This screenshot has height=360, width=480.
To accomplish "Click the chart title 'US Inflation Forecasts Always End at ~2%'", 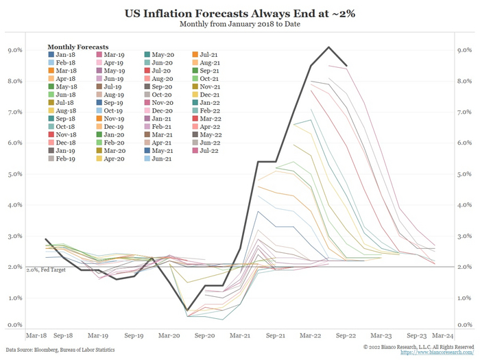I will pyautogui.click(x=239, y=13).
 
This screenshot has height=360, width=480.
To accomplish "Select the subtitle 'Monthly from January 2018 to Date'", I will pyautogui.click(x=239, y=25).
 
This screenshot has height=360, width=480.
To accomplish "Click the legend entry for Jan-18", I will pyautogui.click(x=63, y=53).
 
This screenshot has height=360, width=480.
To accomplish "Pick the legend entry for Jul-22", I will pyautogui.click(x=207, y=149).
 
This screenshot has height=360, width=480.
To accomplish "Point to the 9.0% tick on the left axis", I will pyautogui.click(x=14, y=50).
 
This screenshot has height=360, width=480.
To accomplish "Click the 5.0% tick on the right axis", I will pyautogui.click(x=464, y=174).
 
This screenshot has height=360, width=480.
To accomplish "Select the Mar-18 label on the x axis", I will pyautogui.click(x=36, y=337).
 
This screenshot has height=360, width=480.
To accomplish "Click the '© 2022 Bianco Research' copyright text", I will pyautogui.click(x=410, y=348).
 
